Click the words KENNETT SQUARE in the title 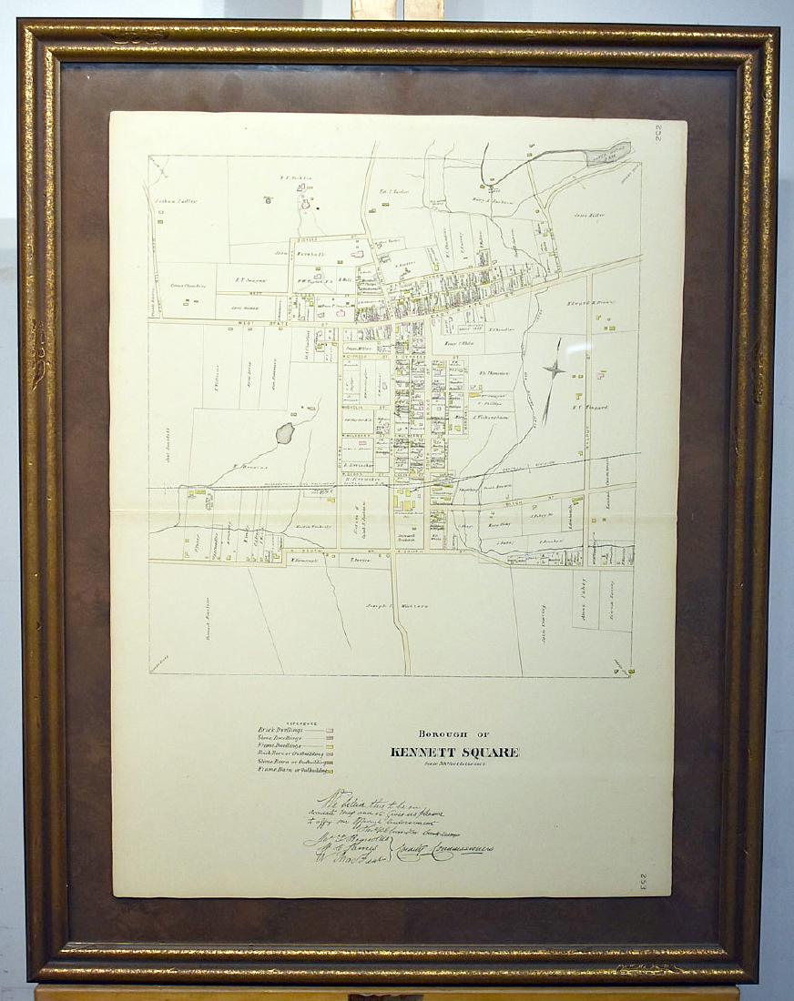click(454, 752)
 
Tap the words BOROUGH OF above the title click(454, 733)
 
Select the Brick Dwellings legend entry click(281, 730)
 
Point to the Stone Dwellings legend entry click(283, 738)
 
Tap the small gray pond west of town click(285, 432)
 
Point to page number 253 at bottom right click(643, 881)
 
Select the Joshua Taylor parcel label click(176, 201)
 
